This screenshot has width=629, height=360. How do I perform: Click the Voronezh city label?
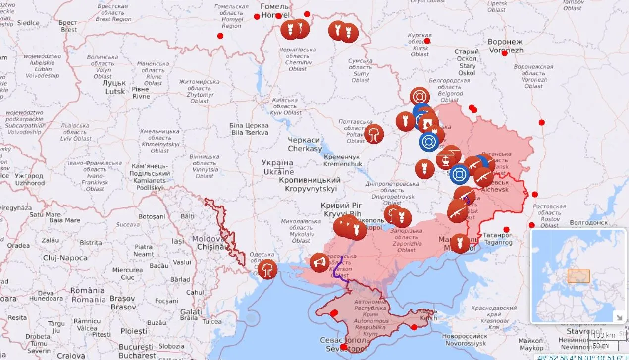505,46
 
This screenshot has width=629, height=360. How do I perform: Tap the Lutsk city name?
114,87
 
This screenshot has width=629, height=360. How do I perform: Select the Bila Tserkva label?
249,129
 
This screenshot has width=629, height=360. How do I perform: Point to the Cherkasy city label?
305,144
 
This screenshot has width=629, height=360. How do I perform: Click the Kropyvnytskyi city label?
310,184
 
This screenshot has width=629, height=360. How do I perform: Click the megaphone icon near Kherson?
319,262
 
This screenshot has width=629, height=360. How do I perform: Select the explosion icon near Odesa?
267,269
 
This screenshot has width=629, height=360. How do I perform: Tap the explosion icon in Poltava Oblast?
374,134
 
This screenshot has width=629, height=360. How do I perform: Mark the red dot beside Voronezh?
504,53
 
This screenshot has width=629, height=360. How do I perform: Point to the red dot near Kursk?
427,41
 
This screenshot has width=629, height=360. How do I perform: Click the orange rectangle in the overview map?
578,276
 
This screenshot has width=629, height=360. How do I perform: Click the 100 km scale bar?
604,336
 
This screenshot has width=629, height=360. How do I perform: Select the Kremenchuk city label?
342,160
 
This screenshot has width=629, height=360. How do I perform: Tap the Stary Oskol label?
467,62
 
